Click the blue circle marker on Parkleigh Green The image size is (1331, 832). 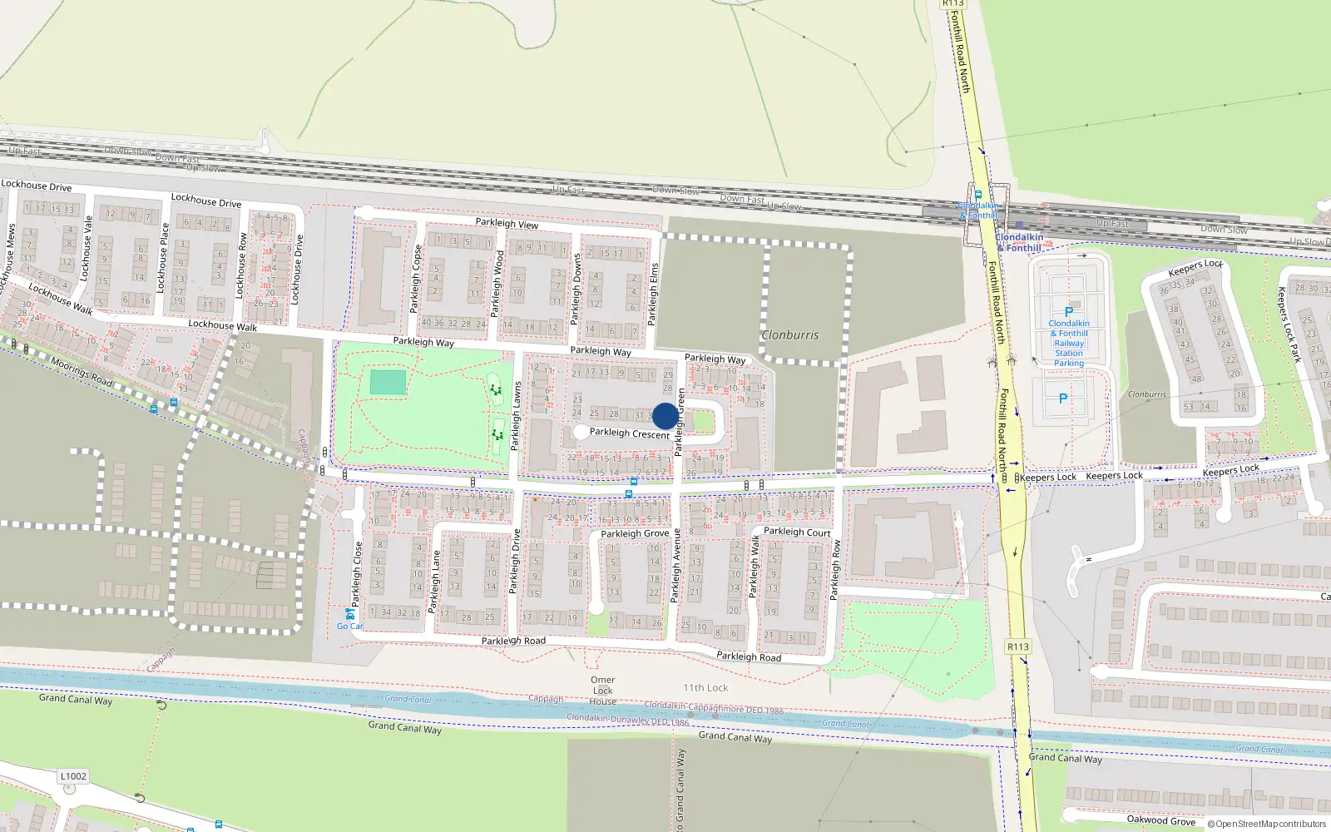[x=665, y=416]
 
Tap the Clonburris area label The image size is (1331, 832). [x=790, y=335]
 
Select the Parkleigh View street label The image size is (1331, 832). [x=507, y=223]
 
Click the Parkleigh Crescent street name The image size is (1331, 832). [x=630, y=433]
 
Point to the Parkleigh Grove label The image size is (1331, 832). [x=635, y=533]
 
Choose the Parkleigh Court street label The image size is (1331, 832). [x=797, y=532]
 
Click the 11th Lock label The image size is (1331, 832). [x=705, y=688]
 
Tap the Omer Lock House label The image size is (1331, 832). [x=603, y=691]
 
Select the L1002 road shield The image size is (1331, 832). [x=73, y=776]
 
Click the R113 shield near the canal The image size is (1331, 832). [x=1018, y=646]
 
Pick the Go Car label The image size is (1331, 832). [x=350, y=626]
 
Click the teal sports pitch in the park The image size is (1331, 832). [x=388, y=383]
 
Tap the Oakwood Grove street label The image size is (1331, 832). [x=1160, y=820]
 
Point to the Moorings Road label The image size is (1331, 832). [x=81, y=372]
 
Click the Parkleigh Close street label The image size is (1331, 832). [x=358, y=574]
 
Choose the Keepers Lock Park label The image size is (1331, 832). [x=1289, y=324]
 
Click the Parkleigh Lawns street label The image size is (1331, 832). [x=517, y=416]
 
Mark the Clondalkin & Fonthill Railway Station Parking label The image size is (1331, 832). [x=1069, y=343]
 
